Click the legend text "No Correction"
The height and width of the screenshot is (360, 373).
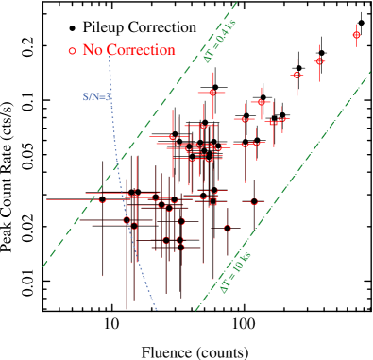click(128, 49)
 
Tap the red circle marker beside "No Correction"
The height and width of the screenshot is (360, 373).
click(72, 50)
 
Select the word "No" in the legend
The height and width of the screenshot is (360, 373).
click(93, 49)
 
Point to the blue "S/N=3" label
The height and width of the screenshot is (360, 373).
click(96, 95)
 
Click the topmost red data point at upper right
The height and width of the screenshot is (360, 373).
click(356, 35)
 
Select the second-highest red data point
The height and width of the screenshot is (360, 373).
click(319, 61)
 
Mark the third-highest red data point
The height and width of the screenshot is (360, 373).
click(297, 75)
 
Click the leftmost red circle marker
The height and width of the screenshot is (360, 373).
click(103, 198)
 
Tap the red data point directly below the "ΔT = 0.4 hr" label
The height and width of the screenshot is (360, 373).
click(213, 93)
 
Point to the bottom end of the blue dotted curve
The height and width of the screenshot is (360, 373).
click(157, 309)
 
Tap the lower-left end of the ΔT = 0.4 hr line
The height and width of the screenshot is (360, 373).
click(42, 266)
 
